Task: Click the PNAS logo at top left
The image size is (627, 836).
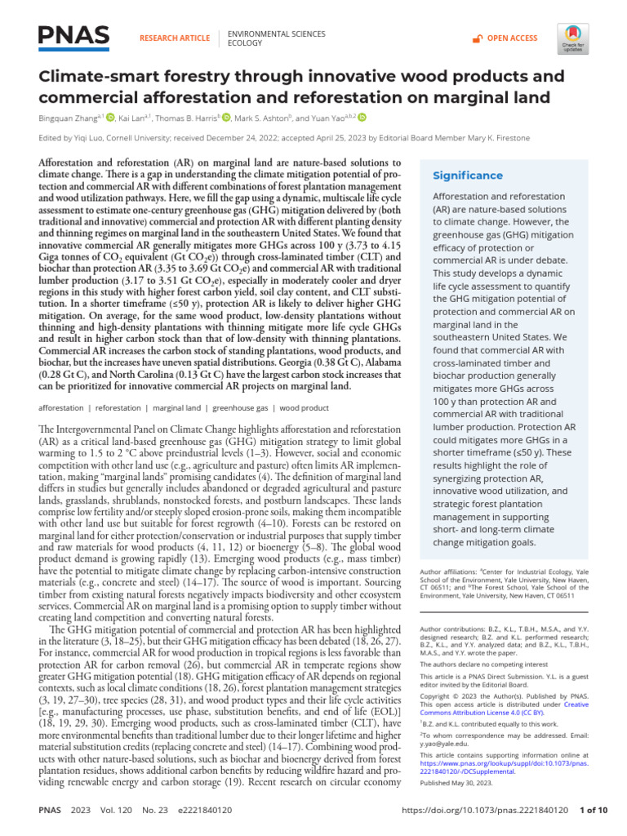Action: pyautogui.click(x=73, y=36)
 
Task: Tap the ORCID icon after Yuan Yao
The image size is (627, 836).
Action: pyautogui.click(x=362, y=118)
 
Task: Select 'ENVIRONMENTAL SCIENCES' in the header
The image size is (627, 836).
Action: pyautogui.click(x=276, y=33)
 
